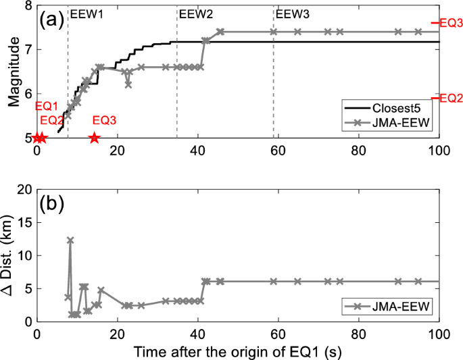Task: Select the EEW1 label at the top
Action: (x=87, y=13)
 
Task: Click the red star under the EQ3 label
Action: (x=94, y=138)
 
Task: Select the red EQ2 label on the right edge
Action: (x=451, y=98)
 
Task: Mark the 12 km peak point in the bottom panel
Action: (x=70, y=240)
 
